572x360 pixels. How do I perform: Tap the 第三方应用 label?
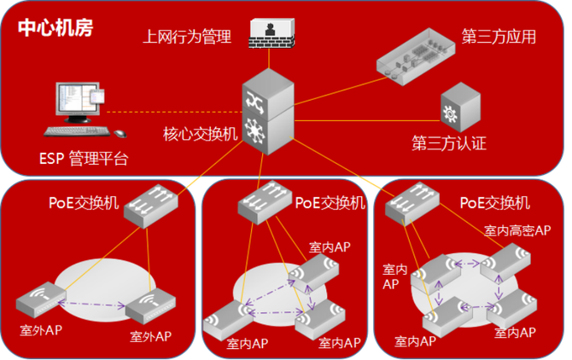(x=499, y=37)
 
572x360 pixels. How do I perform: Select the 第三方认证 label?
(x=449, y=142)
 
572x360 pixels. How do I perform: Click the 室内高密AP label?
(x=517, y=230)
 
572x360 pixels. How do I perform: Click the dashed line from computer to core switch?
(x=171, y=112)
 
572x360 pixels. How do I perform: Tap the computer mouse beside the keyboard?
(x=119, y=133)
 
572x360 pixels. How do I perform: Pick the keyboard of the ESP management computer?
(x=77, y=131)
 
